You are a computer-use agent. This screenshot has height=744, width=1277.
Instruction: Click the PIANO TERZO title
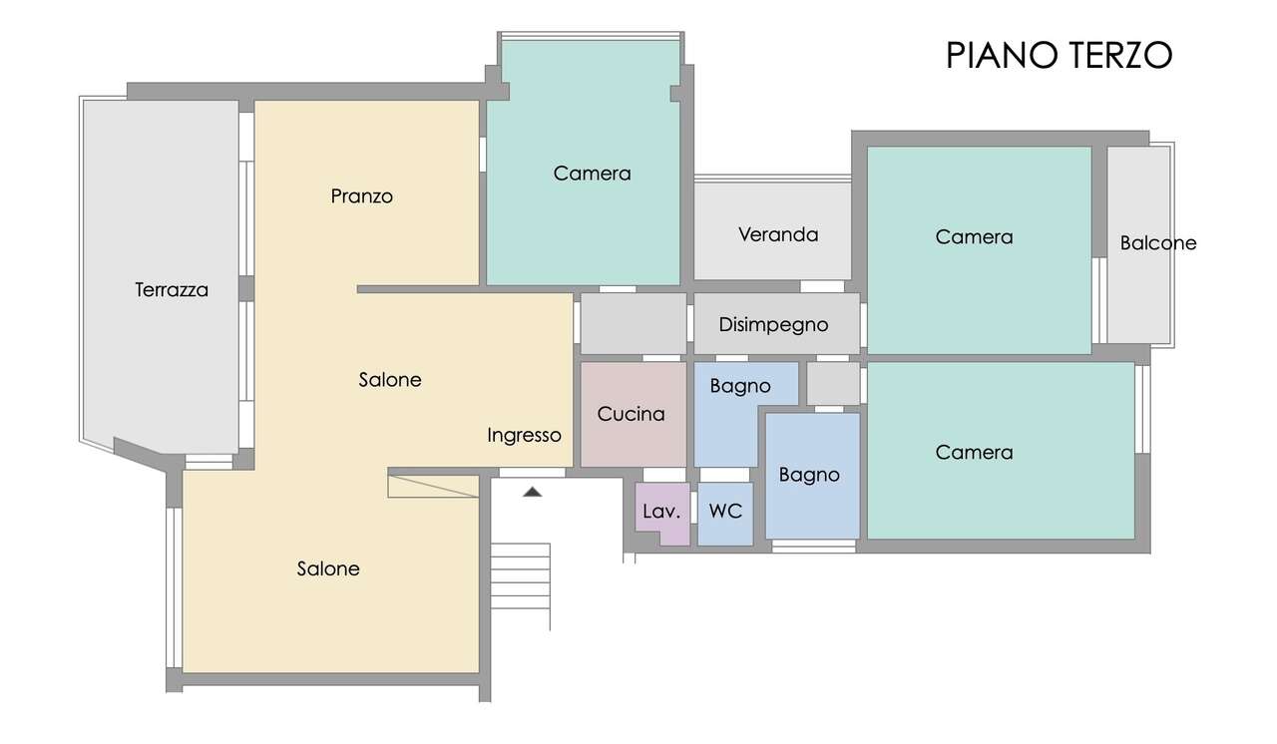[x=1059, y=55]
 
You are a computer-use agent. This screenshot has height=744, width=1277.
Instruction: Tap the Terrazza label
[x=172, y=290]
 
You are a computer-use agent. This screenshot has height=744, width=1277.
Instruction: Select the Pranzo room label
[x=361, y=196]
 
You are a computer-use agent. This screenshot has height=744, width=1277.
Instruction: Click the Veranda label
[x=778, y=234]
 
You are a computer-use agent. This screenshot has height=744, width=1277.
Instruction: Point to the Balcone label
[x=1158, y=243]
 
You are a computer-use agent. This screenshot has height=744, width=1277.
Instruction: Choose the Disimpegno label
[x=773, y=325]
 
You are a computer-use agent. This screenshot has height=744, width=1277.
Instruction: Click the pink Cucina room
[x=634, y=414]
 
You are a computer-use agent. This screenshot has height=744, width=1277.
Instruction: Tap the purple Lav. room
[x=662, y=514]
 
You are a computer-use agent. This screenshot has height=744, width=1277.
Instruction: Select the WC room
[x=725, y=514]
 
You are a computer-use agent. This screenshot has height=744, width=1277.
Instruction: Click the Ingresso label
[x=524, y=436]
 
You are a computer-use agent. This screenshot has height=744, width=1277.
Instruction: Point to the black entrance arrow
[x=533, y=492]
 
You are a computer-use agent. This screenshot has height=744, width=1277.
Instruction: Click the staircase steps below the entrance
[x=521, y=576]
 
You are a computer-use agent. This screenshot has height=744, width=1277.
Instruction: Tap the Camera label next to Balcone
[x=974, y=237]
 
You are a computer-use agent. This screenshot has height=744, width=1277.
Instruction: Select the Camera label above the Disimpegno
[x=592, y=174]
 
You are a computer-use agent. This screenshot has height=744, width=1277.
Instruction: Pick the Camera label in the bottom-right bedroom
[x=974, y=453]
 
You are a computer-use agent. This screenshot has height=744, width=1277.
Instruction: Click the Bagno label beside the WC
[x=809, y=475]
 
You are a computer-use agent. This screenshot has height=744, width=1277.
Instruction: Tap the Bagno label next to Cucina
[x=740, y=386]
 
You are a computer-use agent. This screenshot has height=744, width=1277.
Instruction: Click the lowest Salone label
[x=328, y=568]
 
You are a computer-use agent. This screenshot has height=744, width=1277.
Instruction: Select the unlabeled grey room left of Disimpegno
[x=634, y=323]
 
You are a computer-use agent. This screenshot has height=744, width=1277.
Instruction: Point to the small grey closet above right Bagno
[x=833, y=383]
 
